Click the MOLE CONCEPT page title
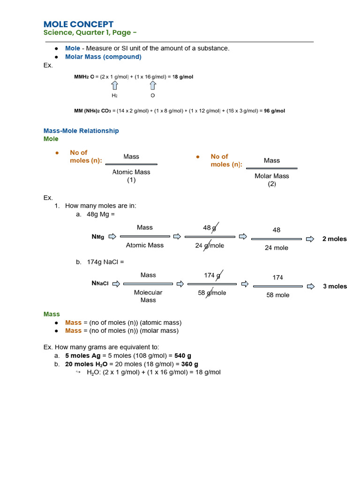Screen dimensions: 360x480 pyautogui.click(x=78, y=24)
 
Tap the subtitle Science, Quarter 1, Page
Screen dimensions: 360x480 pyautogui.click(x=90, y=32)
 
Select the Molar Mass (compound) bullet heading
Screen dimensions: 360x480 pyautogui.click(x=103, y=57)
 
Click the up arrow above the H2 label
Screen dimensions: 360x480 pyautogui.click(x=114, y=85)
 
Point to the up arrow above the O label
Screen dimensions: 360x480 pyautogui.click(x=153, y=85)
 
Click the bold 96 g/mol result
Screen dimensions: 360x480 pyautogui.click(x=274, y=111)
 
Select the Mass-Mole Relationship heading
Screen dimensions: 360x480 pyautogui.click(x=81, y=131)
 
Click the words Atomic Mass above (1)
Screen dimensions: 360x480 pyautogui.click(x=131, y=172)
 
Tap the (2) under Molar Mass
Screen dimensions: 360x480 pyautogui.click(x=272, y=184)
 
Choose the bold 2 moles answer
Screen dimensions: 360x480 pyautogui.click(x=334, y=239)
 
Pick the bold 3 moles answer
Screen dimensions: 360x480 pyautogui.click(x=335, y=286)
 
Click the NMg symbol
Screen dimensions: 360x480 pyautogui.click(x=98, y=237)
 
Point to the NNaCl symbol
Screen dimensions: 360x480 pyautogui.click(x=100, y=284)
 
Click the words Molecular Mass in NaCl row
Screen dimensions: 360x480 pyautogui.click(x=148, y=296)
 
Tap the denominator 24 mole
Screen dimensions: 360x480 pyautogui.click(x=277, y=247)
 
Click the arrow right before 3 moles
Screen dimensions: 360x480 pyautogui.click(x=310, y=286)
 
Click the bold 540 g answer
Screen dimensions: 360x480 pyautogui.click(x=183, y=356)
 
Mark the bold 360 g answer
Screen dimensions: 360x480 pyautogui.click(x=189, y=364)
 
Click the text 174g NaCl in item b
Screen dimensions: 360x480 pyautogui.click(x=104, y=262)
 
